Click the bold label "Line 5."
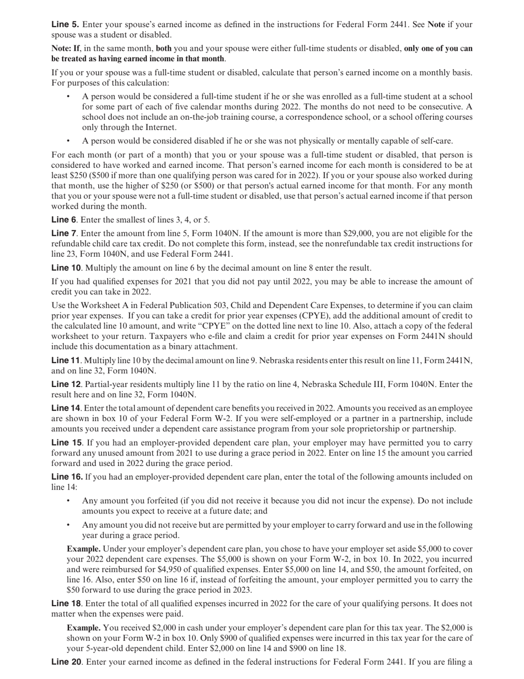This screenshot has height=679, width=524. click(65, 24)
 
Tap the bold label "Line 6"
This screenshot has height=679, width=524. click(64, 220)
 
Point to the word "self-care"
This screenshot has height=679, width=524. click(434, 141)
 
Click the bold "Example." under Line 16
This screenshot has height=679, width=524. click(84, 549)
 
